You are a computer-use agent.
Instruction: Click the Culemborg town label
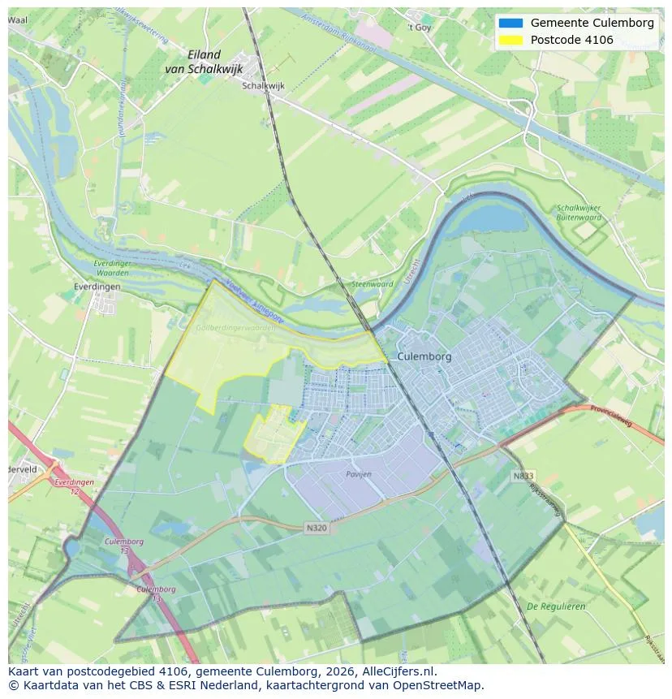424,356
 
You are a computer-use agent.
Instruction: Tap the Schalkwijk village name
264,84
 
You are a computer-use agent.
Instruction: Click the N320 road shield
317,528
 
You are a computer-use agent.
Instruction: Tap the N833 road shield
523,476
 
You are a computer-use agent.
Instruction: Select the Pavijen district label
358,473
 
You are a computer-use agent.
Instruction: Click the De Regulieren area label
556,606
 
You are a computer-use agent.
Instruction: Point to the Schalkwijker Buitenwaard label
579,213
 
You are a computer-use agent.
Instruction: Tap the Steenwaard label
372,284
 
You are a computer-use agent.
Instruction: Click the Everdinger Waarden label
111,269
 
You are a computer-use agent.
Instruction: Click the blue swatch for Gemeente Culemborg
511,23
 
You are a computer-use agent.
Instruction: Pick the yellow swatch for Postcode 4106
511,40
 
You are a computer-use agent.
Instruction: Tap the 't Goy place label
420,27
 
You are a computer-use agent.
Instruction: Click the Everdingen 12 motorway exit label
73,486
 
